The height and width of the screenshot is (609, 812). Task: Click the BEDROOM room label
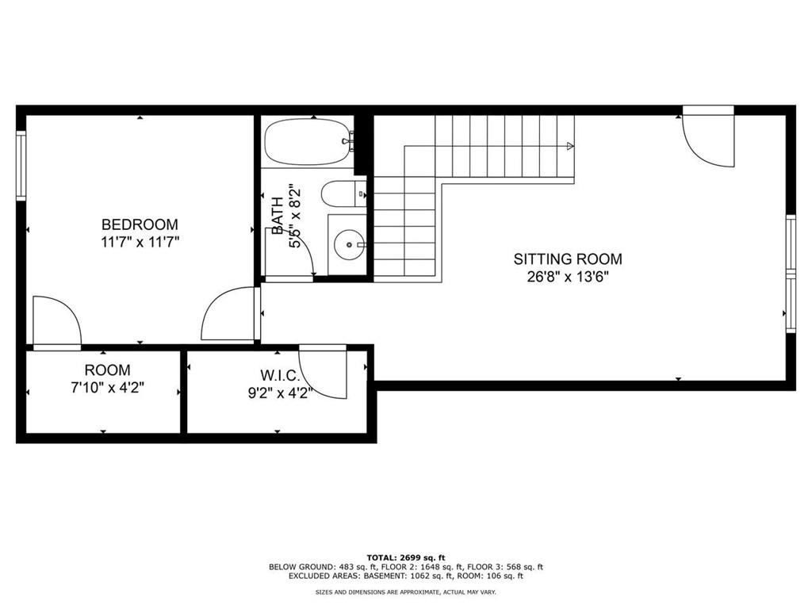tap(140, 224)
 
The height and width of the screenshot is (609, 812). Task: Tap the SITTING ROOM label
tap(568, 259)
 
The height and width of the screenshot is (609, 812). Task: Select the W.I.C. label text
tap(280, 375)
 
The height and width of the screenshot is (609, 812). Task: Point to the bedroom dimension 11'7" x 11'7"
tap(140, 242)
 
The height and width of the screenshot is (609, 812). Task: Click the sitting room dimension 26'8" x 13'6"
tap(568, 277)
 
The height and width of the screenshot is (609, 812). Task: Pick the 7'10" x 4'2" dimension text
tap(108, 387)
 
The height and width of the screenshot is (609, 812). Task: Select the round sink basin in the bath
tap(348, 244)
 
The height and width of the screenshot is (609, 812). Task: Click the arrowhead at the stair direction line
tap(571, 146)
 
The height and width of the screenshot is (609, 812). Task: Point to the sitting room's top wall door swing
tap(708, 136)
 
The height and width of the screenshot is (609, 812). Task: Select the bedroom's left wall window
tap(21, 166)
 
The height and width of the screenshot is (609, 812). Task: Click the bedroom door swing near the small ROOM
tap(57, 320)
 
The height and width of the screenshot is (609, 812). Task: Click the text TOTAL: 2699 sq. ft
tap(406, 557)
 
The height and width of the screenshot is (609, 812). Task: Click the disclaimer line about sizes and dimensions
tap(406, 592)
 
